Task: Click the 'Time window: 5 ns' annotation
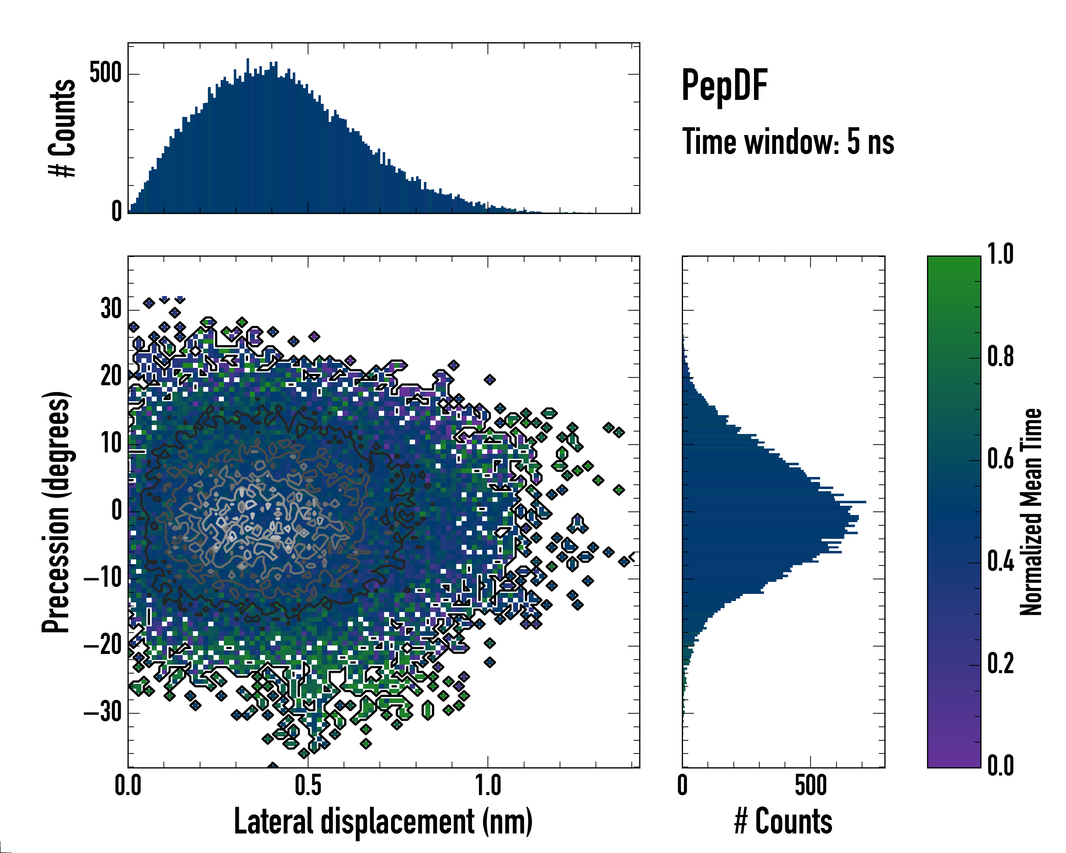(x=788, y=142)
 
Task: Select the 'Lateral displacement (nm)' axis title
(x=383, y=821)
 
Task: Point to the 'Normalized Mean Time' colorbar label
(x=1031, y=512)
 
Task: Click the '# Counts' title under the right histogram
(x=783, y=821)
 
